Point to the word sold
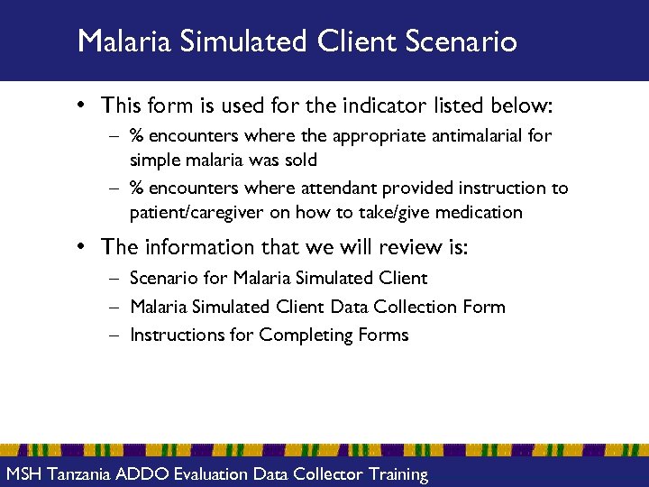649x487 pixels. [x=300, y=160]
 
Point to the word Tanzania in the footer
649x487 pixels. [x=79, y=474]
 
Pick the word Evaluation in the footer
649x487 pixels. [x=211, y=474]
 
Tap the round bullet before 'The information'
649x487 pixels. [x=81, y=247]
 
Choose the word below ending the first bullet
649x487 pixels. [x=526, y=106]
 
